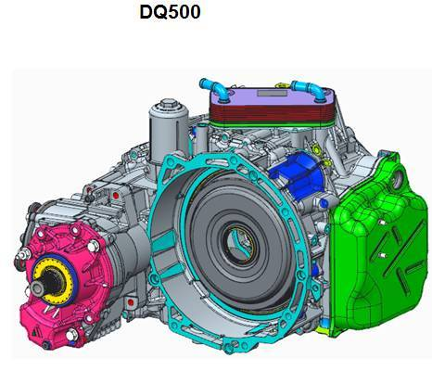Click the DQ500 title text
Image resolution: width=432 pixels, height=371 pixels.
point(170,12)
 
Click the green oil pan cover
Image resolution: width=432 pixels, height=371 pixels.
point(377,244)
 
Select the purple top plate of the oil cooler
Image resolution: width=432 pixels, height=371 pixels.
point(272,96)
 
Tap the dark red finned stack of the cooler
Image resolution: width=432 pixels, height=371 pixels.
point(272,113)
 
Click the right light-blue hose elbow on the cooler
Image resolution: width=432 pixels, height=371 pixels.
point(309,90)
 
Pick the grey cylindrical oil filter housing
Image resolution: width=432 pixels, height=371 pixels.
point(169,130)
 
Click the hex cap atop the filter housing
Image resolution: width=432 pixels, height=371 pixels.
point(168,104)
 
